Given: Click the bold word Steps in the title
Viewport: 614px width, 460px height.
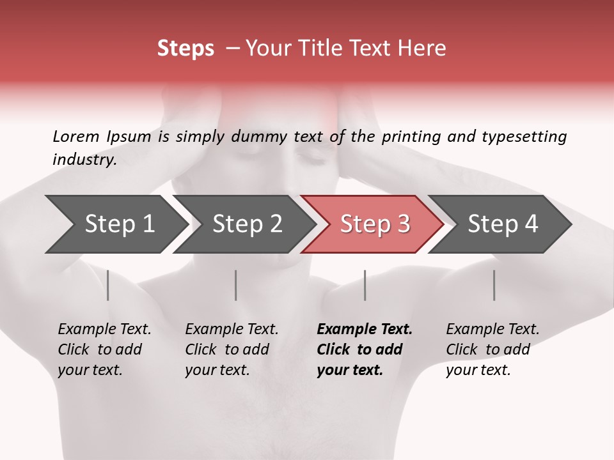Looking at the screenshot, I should coord(185,49).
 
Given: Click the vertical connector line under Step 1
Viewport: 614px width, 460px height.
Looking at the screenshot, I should coord(108,285).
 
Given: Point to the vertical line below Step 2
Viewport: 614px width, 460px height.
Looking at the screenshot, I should coord(236,285).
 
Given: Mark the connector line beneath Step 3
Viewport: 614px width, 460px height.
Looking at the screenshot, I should coord(365,285).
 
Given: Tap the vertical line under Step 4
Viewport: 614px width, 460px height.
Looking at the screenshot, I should coord(494,285).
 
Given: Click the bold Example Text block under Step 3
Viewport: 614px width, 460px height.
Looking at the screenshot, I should coord(365,349).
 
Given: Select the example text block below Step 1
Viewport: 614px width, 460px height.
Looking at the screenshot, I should coord(104,349).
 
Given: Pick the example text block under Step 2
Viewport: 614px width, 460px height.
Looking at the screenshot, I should coord(232,349).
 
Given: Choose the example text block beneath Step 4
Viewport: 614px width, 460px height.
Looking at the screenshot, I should coord(492,349).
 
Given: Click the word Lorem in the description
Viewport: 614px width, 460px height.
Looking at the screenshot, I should coord(76,136).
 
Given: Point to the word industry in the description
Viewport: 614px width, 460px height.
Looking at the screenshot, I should coord(84,159).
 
